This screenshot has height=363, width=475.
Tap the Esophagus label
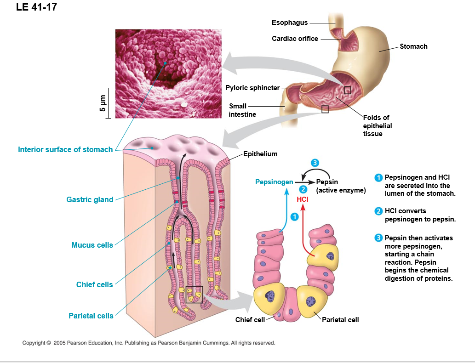click(290, 23)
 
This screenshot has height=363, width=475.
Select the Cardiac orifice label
click(295, 39)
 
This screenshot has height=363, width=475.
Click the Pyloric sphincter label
click(252, 88)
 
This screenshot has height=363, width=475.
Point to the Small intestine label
click(242, 110)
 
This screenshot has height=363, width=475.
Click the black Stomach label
click(413, 46)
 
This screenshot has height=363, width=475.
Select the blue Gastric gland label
click(90, 200)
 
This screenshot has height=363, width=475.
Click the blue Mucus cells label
click(92, 245)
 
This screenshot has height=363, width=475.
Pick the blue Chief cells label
click(94, 285)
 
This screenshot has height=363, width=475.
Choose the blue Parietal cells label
click(91, 316)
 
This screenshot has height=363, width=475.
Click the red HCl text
click(302, 199)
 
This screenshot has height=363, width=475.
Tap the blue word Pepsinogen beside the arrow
click(274, 182)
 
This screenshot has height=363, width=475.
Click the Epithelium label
click(260, 154)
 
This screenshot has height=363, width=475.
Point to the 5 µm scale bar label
click(103, 102)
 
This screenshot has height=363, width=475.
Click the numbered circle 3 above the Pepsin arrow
click(315, 163)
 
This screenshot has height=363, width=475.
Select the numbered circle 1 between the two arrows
click(294, 216)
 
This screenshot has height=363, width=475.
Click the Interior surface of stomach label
click(65, 149)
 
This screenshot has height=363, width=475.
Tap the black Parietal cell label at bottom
click(340, 320)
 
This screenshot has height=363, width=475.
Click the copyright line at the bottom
click(149, 343)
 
